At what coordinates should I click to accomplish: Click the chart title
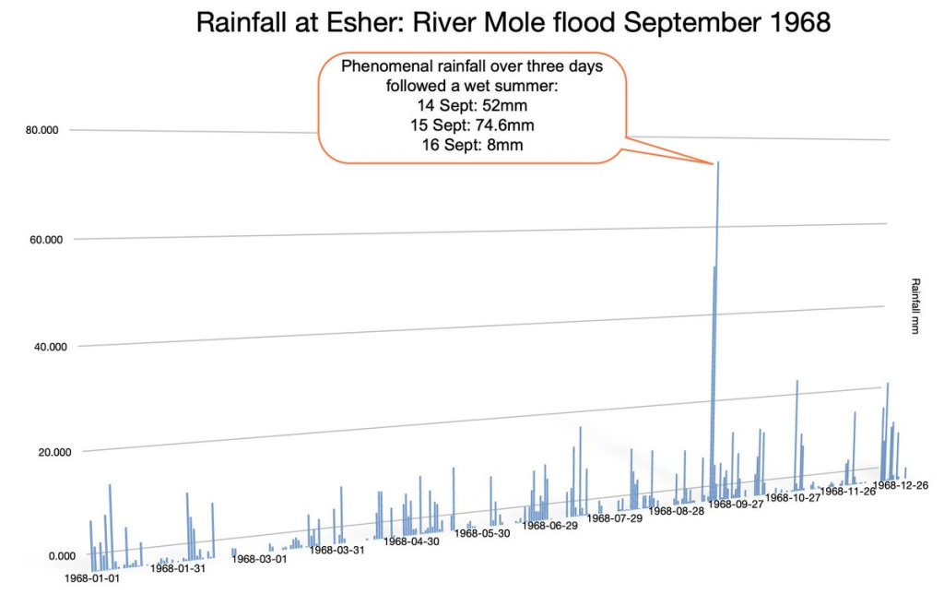coord(513,23)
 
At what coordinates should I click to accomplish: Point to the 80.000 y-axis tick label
coord(42,130)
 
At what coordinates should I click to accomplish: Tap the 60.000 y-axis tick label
coord(42,240)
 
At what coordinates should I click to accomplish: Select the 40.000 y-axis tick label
coord(42,347)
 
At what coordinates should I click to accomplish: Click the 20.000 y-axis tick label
coord(42,452)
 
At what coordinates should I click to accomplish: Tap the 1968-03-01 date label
coord(259,558)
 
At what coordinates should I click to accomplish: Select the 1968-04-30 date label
coord(412,541)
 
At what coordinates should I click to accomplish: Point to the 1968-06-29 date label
coord(550,526)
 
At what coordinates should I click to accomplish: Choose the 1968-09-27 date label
coord(736,505)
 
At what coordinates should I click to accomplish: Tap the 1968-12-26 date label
coord(901,485)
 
